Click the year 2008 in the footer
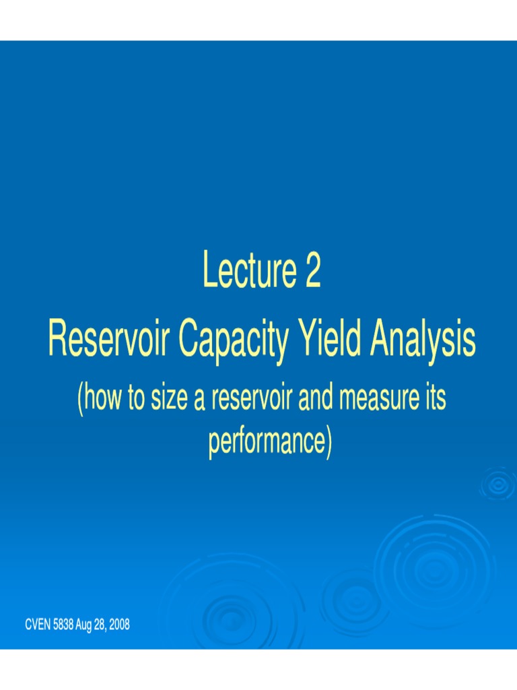118,625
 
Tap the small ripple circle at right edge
499,484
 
